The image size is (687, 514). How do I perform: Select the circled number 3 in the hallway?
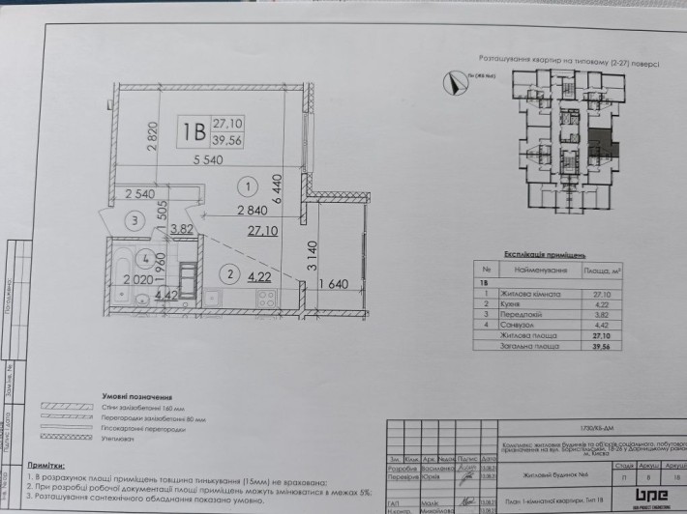click(x=138, y=219)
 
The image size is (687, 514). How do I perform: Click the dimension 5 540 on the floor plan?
click(x=213, y=160)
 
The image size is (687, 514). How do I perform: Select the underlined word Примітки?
click(x=47, y=466)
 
